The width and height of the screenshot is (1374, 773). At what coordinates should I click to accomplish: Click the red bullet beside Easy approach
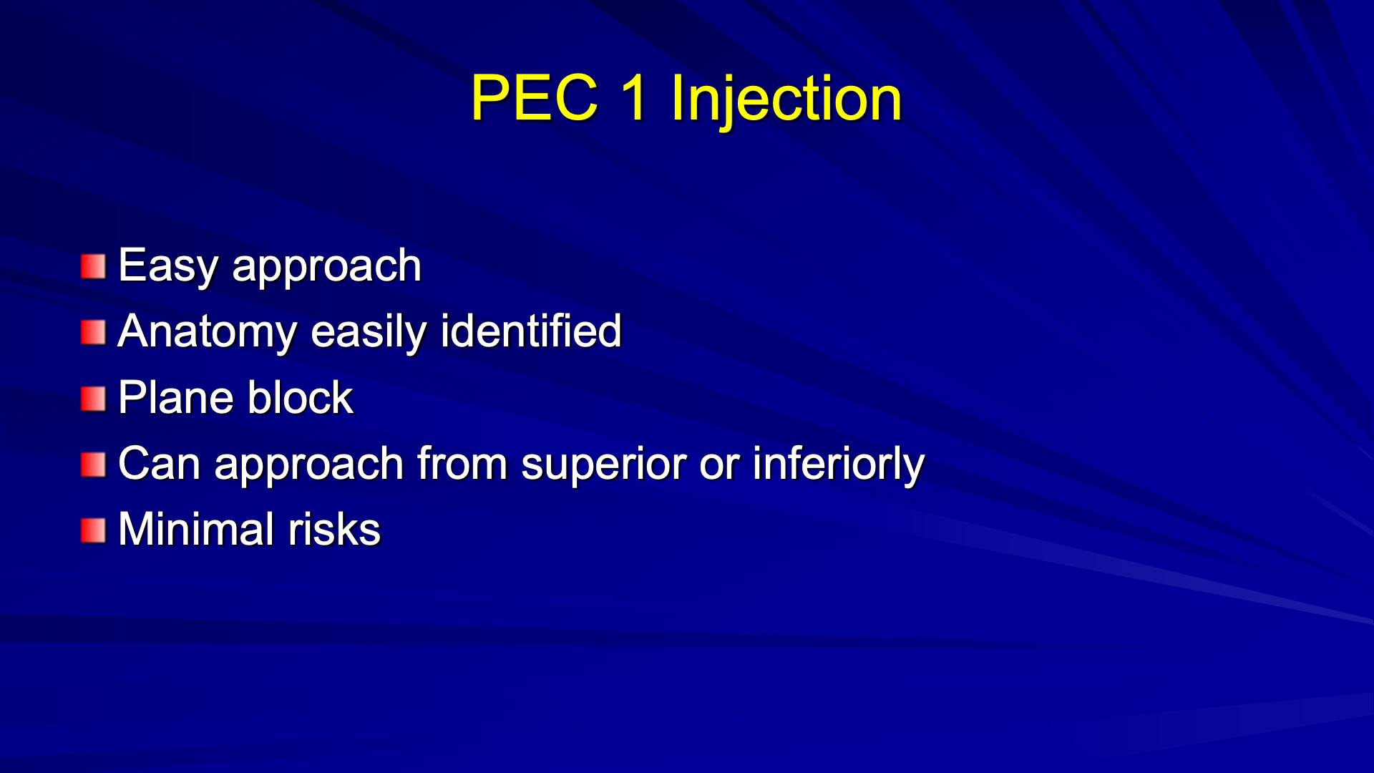point(93,266)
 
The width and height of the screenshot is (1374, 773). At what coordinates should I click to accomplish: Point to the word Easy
point(167,267)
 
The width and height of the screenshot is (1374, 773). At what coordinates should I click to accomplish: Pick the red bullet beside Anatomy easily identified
point(93,332)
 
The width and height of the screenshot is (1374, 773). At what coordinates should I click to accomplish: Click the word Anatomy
point(207,333)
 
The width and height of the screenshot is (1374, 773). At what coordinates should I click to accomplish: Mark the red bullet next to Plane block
point(93,399)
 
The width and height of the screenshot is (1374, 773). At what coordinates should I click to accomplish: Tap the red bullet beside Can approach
point(93,465)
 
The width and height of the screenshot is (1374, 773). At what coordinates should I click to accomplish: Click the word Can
point(159,464)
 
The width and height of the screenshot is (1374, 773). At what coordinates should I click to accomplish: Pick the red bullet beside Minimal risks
point(93,530)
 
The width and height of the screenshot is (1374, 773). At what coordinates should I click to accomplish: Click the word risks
point(334,529)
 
